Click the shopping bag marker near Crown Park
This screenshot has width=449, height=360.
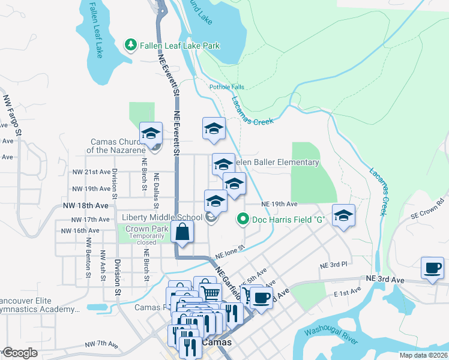(182, 232)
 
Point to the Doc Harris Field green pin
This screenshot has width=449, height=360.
(243, 220)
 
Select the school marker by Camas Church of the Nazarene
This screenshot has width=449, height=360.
(151, 133)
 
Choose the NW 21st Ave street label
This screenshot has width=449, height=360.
(91, 172)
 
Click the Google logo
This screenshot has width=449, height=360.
(20, 353)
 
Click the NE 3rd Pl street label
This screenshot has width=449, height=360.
(334, 265)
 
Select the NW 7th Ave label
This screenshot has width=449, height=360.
(101, 344)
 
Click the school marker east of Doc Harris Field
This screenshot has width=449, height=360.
(343, 215)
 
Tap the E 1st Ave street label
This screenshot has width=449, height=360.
(348, 291)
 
